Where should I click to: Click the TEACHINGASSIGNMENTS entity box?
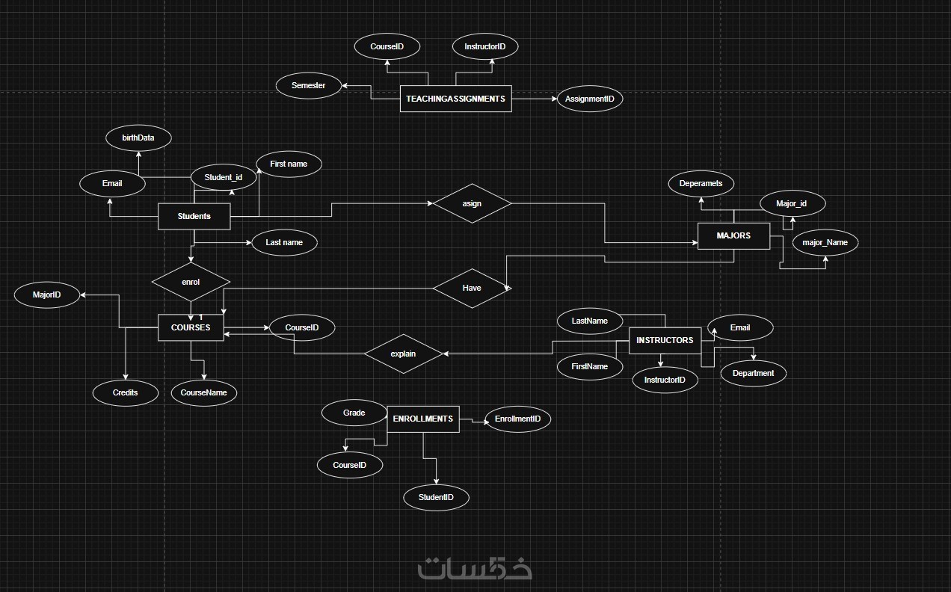455,99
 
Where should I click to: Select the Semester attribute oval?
309,85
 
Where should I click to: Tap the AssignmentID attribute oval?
590,99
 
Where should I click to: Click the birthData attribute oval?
138,138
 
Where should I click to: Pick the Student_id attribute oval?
224,177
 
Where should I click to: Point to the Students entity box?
194,217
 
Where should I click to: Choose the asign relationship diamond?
472,203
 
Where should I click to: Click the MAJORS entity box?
733,235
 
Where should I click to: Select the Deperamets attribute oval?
701,184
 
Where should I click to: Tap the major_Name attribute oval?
825,242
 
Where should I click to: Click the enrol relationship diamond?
191,283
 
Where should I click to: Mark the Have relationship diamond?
472,289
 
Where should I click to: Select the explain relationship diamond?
403,354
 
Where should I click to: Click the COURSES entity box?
191,327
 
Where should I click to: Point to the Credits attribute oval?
125,392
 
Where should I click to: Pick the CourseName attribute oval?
203,392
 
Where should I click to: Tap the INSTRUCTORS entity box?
665,340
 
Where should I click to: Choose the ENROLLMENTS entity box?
422,419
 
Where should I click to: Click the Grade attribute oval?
354,413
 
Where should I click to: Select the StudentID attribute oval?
436,497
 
